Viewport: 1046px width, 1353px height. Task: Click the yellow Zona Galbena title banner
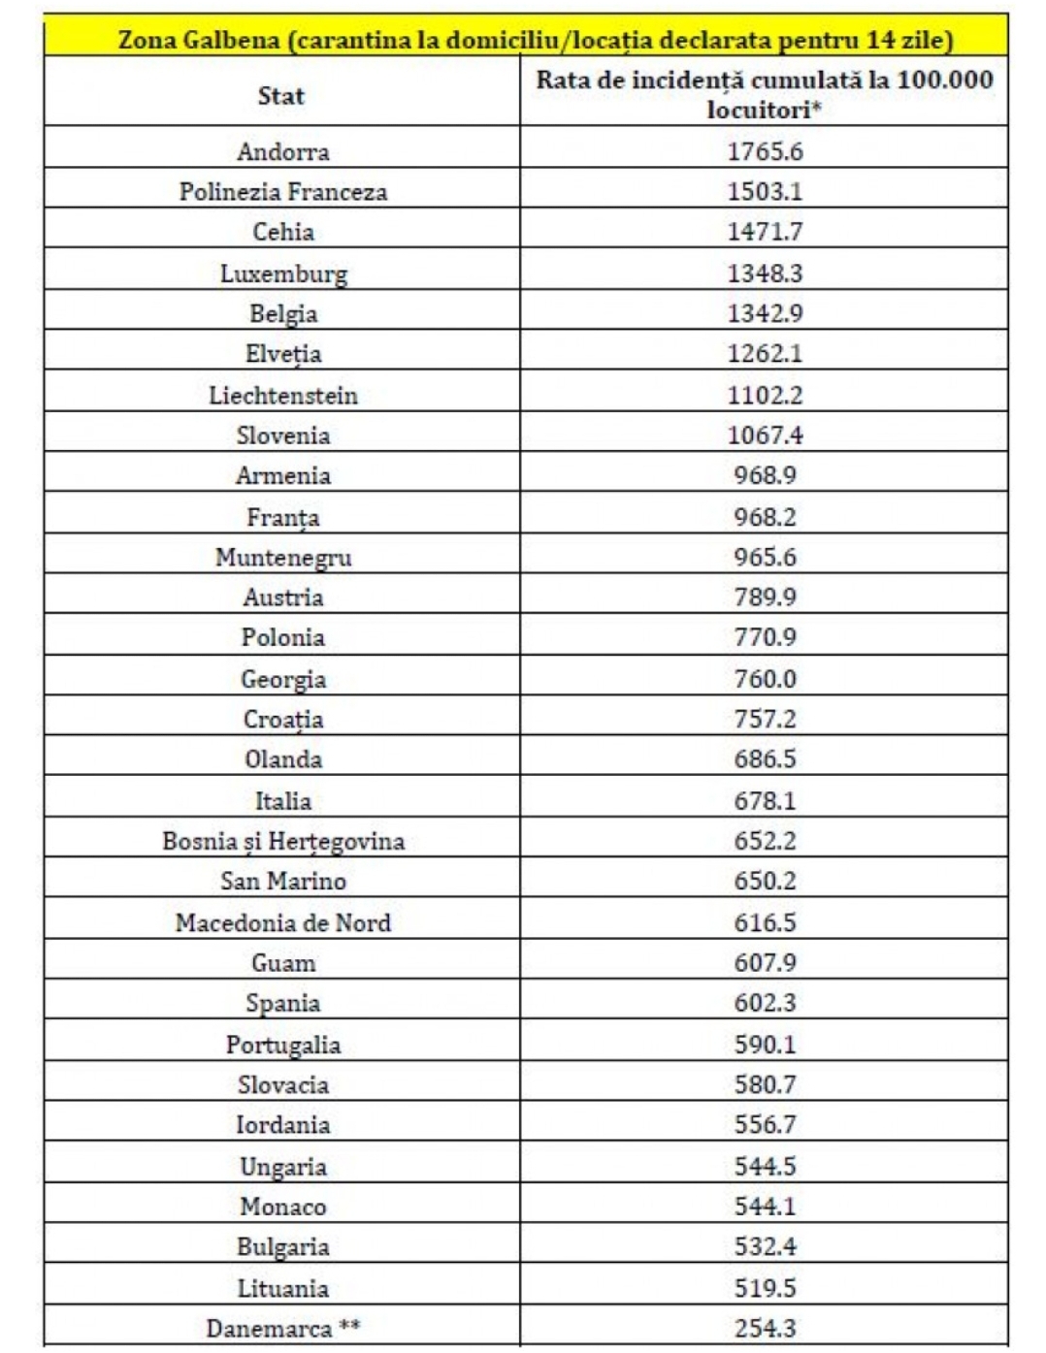click(x=536, y=40)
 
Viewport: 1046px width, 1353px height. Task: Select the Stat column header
click(x=281, y=95)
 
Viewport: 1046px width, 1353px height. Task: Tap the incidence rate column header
click(x=765, y=94)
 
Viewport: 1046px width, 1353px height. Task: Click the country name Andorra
click(x=283, y=151)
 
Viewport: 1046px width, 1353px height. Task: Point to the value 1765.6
click(x=765, y=151)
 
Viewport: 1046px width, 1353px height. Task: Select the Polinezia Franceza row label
click(x=283, y=192)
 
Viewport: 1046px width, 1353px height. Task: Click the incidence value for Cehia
click(x=765, y=232)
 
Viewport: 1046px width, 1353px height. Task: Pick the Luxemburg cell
click(x=283, y=274)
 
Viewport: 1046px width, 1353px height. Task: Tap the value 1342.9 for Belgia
click(x=765, y=313)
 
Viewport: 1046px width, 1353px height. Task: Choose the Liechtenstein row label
click(x=283, y=396)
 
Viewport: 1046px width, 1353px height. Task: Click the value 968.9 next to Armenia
click(x=765, y=475)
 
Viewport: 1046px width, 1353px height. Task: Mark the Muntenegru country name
click(x=283, y=558)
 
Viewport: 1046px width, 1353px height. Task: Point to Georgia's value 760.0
click(x=765, y=679)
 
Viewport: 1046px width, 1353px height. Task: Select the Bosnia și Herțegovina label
click(x=283, y=841)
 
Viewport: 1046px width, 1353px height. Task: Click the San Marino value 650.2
click(x=765, y=881)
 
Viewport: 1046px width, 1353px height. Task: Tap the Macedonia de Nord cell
click(x=283, y=922)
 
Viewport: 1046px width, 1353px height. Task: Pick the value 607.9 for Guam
click(x=765, y=963)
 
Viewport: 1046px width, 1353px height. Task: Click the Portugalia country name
click(x=283, y=1045)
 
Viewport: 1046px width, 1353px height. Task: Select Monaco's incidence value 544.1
click(x=765, y=1207)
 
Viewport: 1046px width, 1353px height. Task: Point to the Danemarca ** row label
click(x=283, y=1328)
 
